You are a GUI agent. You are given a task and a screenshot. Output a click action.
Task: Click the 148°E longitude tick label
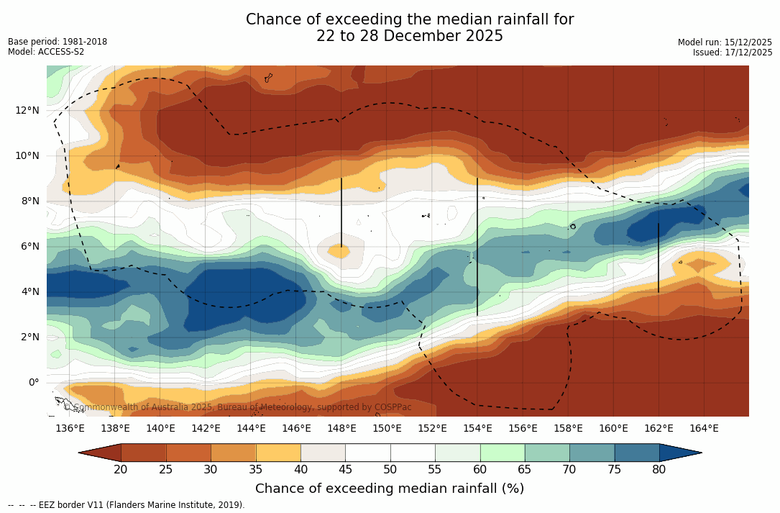tap(341, 429)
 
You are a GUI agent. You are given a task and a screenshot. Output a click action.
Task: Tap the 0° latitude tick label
tap(33, 382)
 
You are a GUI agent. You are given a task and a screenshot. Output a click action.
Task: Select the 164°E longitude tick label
tap(704, 429)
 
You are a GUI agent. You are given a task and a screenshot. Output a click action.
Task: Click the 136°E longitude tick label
tap(70, 429)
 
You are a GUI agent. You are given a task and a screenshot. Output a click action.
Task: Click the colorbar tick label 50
tap(390, 470)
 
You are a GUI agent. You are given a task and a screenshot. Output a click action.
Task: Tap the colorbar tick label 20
tap(121, 470)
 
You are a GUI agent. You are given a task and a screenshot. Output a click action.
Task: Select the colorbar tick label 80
tap(659, 470)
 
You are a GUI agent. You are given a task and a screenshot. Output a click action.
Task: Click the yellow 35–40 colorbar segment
tap(278, 453)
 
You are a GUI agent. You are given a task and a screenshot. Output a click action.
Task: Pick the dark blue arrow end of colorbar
tap(679, 453)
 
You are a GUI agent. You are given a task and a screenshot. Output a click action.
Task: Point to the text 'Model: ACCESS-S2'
tap(46, 52)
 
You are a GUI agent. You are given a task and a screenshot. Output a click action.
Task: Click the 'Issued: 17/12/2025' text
tap(733, 53)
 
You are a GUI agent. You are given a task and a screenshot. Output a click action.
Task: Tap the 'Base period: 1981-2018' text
tap(58, 42)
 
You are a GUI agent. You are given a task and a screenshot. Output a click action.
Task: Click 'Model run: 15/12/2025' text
tap(725, 42)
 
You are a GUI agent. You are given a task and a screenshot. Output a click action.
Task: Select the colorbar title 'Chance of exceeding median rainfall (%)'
tap(390, 489)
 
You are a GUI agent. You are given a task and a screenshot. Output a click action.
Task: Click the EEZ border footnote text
tap(127, 505)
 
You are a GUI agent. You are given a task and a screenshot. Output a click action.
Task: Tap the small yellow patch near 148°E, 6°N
tap(339, 251)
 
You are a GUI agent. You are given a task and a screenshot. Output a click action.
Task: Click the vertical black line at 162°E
tap(658, 258)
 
